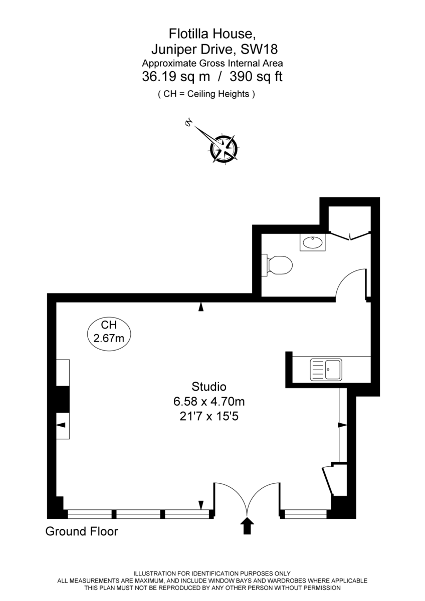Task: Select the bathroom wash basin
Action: [x=313, y=243]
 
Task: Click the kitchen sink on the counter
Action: [x=326, y=370]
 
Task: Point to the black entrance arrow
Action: [x=248, y=526]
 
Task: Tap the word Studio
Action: [x=209, y=387]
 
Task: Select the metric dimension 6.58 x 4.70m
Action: [x=209, y=401]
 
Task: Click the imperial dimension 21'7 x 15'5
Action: [x=209, y=416]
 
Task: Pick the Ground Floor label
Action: [x=82, y=531]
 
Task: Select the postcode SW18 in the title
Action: [x=259, y=49]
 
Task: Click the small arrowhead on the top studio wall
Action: [x=201, y=307]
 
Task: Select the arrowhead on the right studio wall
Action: [x=342, y=425]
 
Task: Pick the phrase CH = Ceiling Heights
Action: [x=206, y=94]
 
